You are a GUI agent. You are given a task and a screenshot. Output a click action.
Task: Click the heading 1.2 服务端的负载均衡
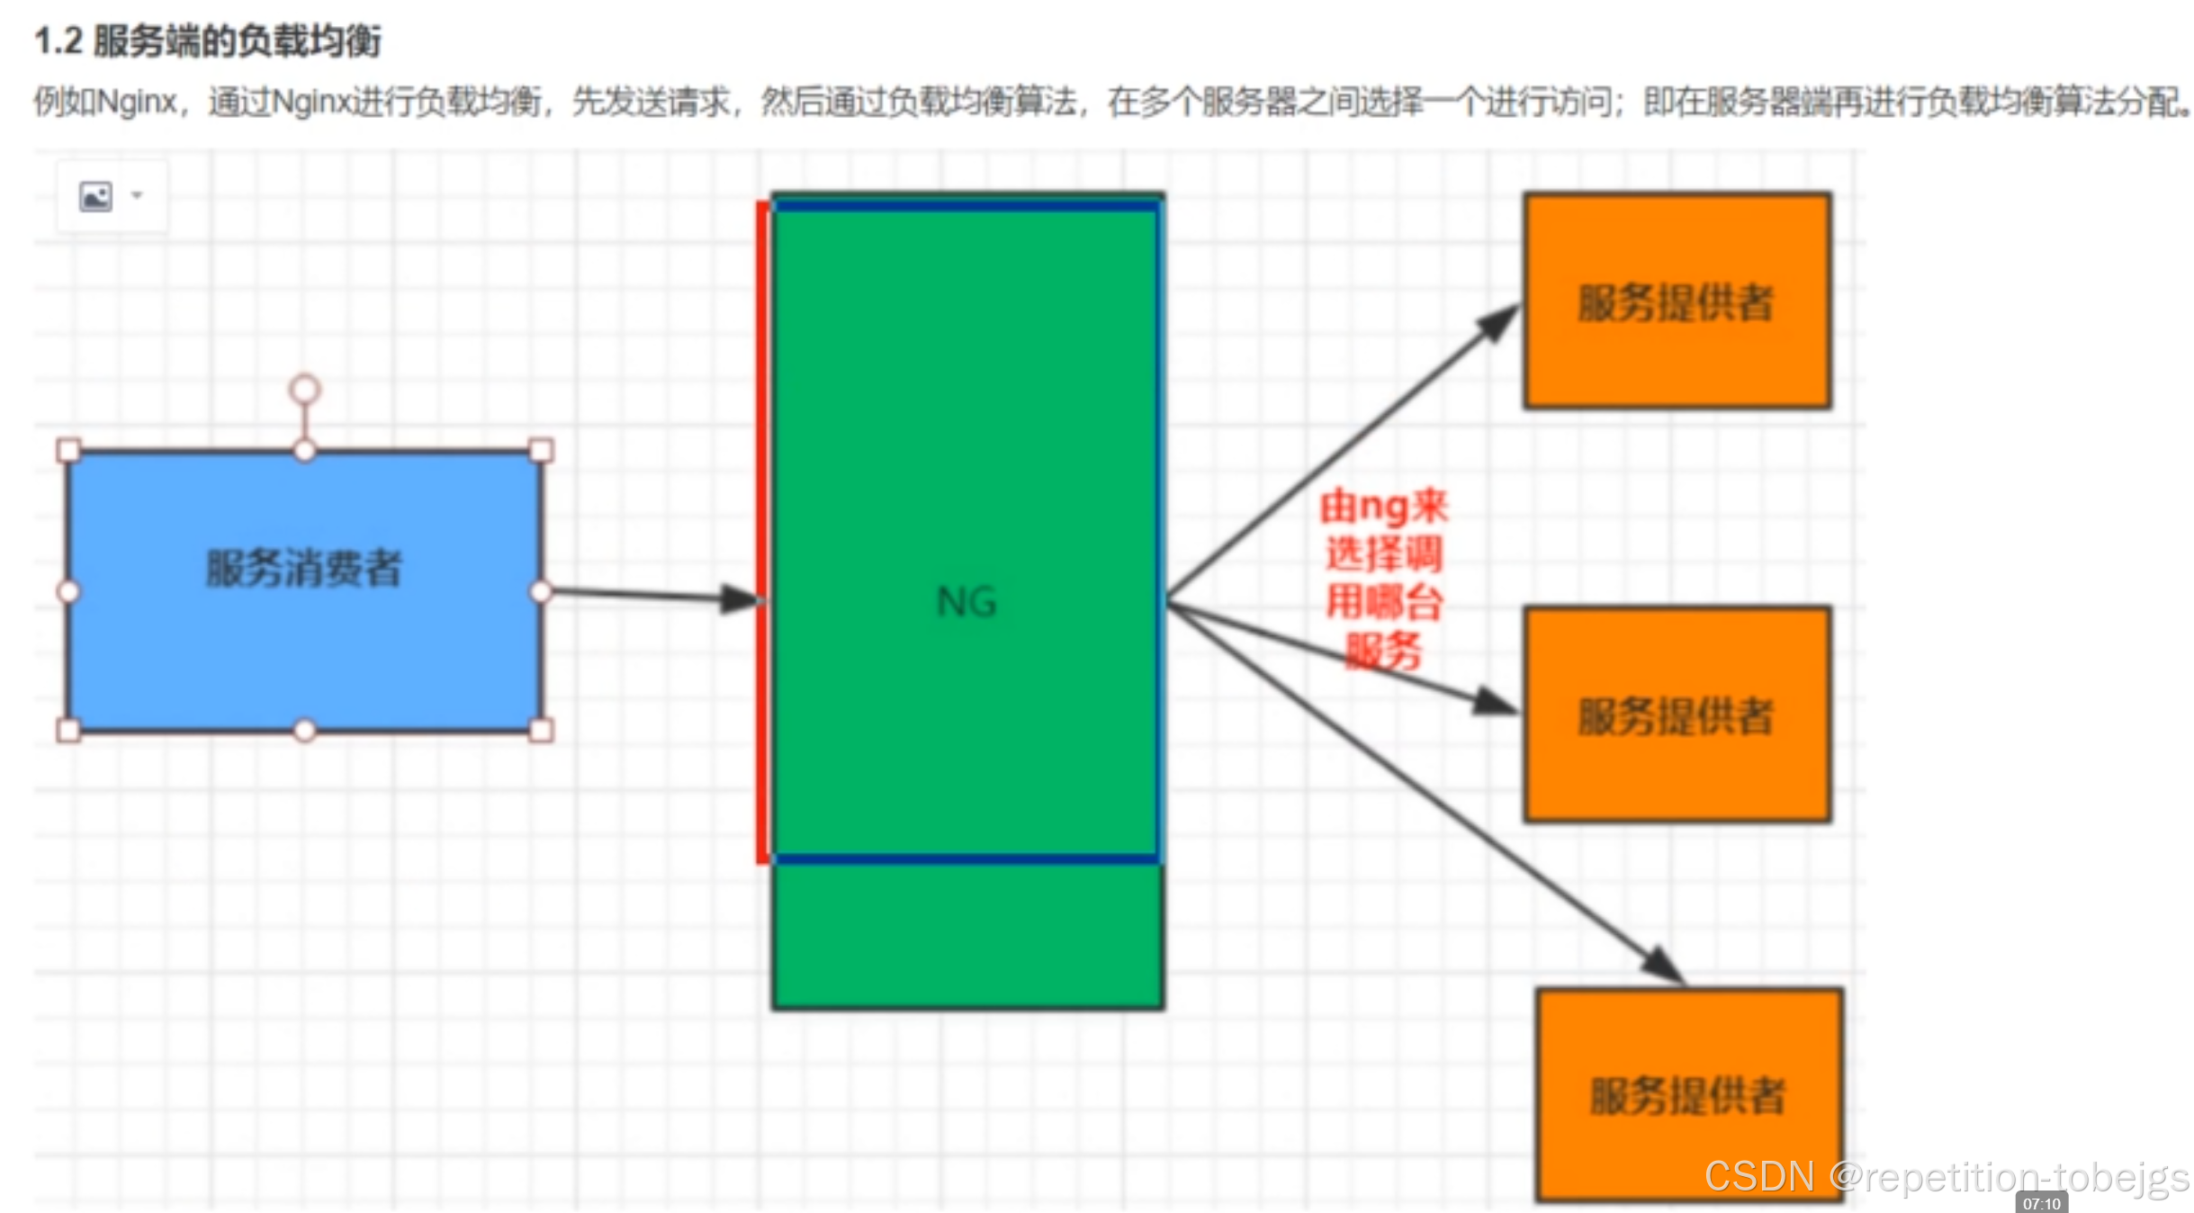point(208,41)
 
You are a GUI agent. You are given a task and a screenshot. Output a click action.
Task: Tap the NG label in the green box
point(967,601)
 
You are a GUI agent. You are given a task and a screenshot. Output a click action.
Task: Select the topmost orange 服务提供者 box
point(1677,301)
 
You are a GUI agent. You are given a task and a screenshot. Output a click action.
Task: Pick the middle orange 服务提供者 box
point(1677,715)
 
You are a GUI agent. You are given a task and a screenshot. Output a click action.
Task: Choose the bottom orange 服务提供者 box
point(1688,1095)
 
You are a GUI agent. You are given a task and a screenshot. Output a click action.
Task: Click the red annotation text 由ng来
point(1384,507)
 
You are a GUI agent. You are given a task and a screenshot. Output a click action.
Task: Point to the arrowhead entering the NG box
point(742,598)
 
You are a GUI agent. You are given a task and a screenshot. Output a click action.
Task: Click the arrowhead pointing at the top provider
point(1499,322)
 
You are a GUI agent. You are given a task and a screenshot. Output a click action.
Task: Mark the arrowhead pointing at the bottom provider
point(1663,965)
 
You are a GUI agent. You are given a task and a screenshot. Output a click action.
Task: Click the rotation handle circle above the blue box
point(304,390)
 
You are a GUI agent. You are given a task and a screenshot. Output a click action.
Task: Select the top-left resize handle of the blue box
point(68,450)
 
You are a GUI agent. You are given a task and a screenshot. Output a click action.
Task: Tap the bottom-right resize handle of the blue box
point(541,730)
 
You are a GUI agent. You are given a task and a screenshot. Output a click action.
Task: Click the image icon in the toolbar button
point(95,196)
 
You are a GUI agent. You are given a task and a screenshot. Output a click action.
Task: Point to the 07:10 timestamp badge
point(2041,1203)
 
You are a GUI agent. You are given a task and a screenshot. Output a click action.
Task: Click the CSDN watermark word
point(1758,1176)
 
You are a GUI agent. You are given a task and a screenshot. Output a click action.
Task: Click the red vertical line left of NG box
point(762,531)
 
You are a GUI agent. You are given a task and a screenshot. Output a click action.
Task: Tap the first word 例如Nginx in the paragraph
point(106,102)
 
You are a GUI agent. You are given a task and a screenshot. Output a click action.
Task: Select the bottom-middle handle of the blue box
point(304,730)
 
